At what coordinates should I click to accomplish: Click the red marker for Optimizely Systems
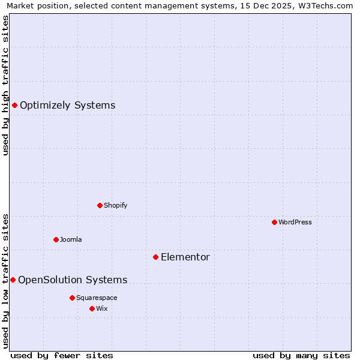pyautogui.click(x=14, y=106)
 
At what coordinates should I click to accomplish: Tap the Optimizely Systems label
pyautogui.click(x=67, y=106)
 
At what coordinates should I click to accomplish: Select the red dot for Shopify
pyautogui.click(x=100, y=205)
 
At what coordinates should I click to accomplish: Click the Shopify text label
pyautogui.click(x=115, y=205)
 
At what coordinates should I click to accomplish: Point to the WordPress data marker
pyautogui.click(x=274, y=222)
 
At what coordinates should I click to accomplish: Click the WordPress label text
pyautogui.click(x=295, y=222)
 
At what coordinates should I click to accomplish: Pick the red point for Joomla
pyautogui.click(x=56, y=239)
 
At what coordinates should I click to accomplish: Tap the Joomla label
pyautogui.click(x=71, y=239)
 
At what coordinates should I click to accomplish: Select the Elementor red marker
pyautogui.click(x=155, y=257)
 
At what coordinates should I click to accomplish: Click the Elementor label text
pyautogui.click(x=185, y=257)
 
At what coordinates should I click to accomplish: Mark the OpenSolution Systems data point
pyautogui.click(x=13, y=280)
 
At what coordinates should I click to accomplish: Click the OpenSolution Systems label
pyautogui.click(x=73, y=280)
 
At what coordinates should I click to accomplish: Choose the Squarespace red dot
pyautogui.click(x=72, y=298)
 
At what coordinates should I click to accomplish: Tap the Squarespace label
pyautogui.click(x=97, y=298)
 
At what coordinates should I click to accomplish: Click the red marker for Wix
pyautogui.click(x=92, y=308)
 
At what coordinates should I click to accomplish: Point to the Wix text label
pyautogui.click(x=102, y=308)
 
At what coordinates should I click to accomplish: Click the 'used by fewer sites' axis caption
pyautogui.click(x=62, y=355)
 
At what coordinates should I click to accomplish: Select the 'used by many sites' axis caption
pyautogui.click(x=301, y=355)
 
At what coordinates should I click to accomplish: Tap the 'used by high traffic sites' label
pyautogui.click(x=6, y=85)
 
